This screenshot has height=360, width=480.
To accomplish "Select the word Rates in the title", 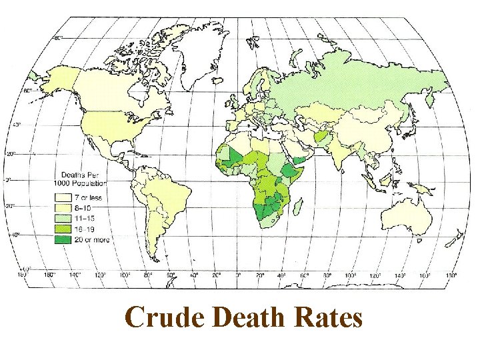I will coord(327,317).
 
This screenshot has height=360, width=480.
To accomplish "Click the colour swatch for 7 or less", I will coord(63,198).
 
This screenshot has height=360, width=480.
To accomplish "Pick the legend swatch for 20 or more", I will coord(63,239).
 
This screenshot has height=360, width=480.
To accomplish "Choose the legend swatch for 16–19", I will coord(63,229).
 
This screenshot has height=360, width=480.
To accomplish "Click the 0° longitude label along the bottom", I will coord(239,274).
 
